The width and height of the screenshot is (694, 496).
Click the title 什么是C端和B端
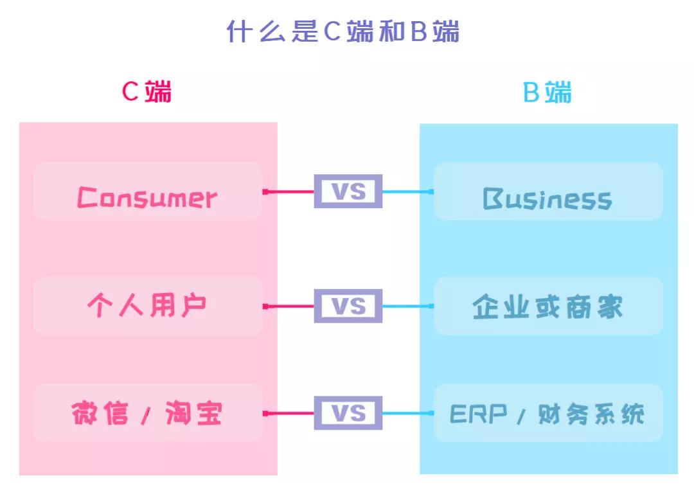pos(343,31)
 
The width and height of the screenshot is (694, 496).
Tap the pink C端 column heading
pos(147,92)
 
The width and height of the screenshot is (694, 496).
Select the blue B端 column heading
pos(547,92)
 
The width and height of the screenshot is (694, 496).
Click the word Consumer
pos(147,197)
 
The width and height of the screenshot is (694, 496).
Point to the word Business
pos(547,199)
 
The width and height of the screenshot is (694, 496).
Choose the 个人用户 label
pos(147,306)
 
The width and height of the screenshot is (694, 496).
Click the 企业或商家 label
pos(547,307)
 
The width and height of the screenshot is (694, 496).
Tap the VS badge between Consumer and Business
pos(348,191)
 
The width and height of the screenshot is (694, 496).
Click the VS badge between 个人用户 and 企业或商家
pos(348,306)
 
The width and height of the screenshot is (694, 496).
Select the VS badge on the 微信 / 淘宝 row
pos(348,412)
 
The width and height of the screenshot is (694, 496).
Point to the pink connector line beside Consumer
pos(289,191)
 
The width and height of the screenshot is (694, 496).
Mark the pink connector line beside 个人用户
pos(289,306)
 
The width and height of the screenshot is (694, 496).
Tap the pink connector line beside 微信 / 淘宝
pos(289,413)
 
